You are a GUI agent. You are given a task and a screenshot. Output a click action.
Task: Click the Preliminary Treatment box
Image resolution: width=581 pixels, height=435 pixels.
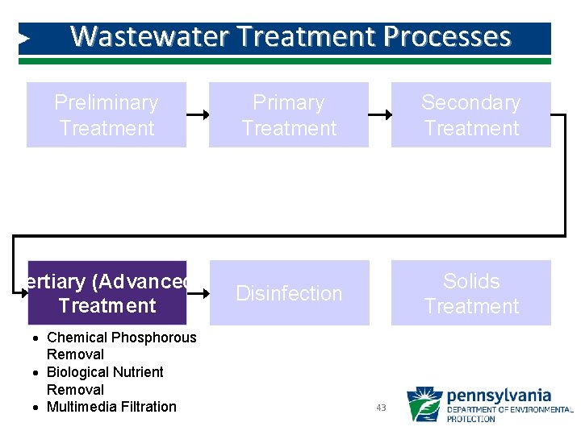[x=106, y=115]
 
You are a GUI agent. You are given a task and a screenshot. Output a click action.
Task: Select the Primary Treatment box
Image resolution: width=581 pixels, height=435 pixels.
[x=288, y=115]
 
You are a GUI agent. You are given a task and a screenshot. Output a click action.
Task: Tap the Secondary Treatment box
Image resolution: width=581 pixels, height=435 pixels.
[x=470, y=115]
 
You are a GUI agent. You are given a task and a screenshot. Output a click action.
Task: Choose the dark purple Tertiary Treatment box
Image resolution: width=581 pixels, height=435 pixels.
[x=107, y=293]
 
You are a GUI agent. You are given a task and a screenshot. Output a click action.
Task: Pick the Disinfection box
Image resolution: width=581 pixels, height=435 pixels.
[x=288, y=293]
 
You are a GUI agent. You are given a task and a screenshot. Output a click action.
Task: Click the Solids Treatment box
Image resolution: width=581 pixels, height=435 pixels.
[x=470, y=293]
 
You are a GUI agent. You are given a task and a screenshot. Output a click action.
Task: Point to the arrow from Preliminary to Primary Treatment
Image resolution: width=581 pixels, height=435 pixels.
[x=197, y=115]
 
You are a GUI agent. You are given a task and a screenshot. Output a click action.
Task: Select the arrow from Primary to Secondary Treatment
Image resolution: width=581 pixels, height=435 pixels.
[x=379, y=115]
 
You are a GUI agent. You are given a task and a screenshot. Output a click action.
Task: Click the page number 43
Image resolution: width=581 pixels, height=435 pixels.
[x=381, y=408]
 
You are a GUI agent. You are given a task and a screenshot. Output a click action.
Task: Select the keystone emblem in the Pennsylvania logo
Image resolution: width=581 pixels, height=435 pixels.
[x=424, y=405]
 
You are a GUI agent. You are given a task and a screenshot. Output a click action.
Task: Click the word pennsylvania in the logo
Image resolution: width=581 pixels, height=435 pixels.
[x=498, y=396]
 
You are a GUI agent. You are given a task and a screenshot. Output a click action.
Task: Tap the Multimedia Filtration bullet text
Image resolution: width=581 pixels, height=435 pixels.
[x=111, y=407]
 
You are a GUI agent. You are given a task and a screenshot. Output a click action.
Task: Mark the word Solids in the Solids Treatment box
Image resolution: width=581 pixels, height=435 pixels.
[x=471, y=281]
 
